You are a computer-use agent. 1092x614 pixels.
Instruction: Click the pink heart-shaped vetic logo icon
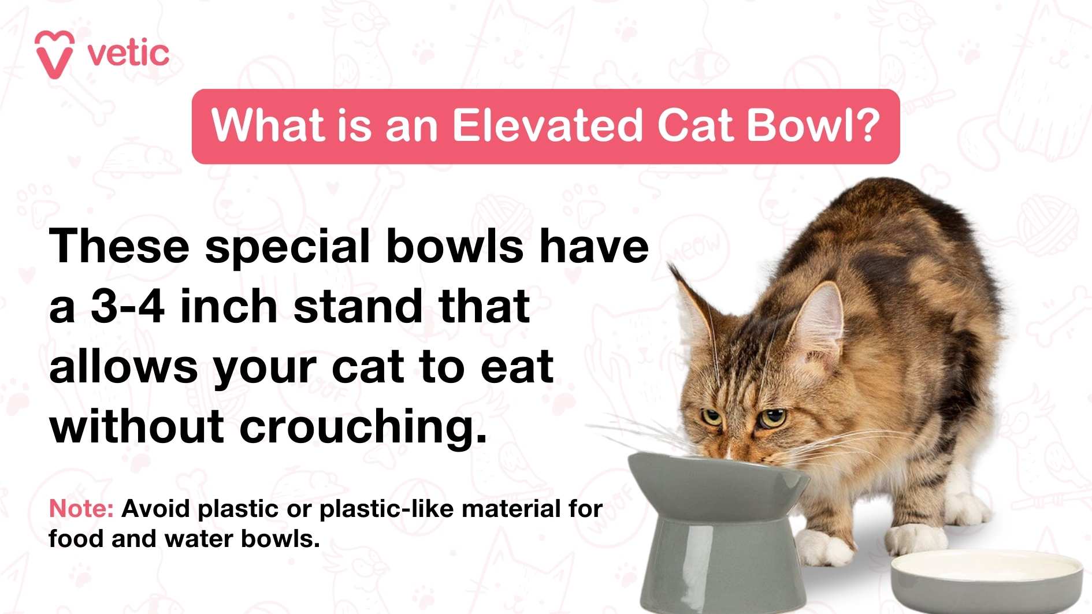(x=54, y=54)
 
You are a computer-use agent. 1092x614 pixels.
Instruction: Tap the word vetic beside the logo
(x=128, y=54)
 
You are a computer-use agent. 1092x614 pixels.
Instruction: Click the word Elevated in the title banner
(x=547, y=125)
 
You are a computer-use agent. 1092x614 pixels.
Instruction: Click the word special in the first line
(x=287, y=247)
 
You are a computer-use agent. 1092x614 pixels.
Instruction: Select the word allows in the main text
(x=123, y=367)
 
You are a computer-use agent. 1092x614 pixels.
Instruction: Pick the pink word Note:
(x=81, y=509)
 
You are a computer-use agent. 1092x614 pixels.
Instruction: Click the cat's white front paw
(x=820, y=546)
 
